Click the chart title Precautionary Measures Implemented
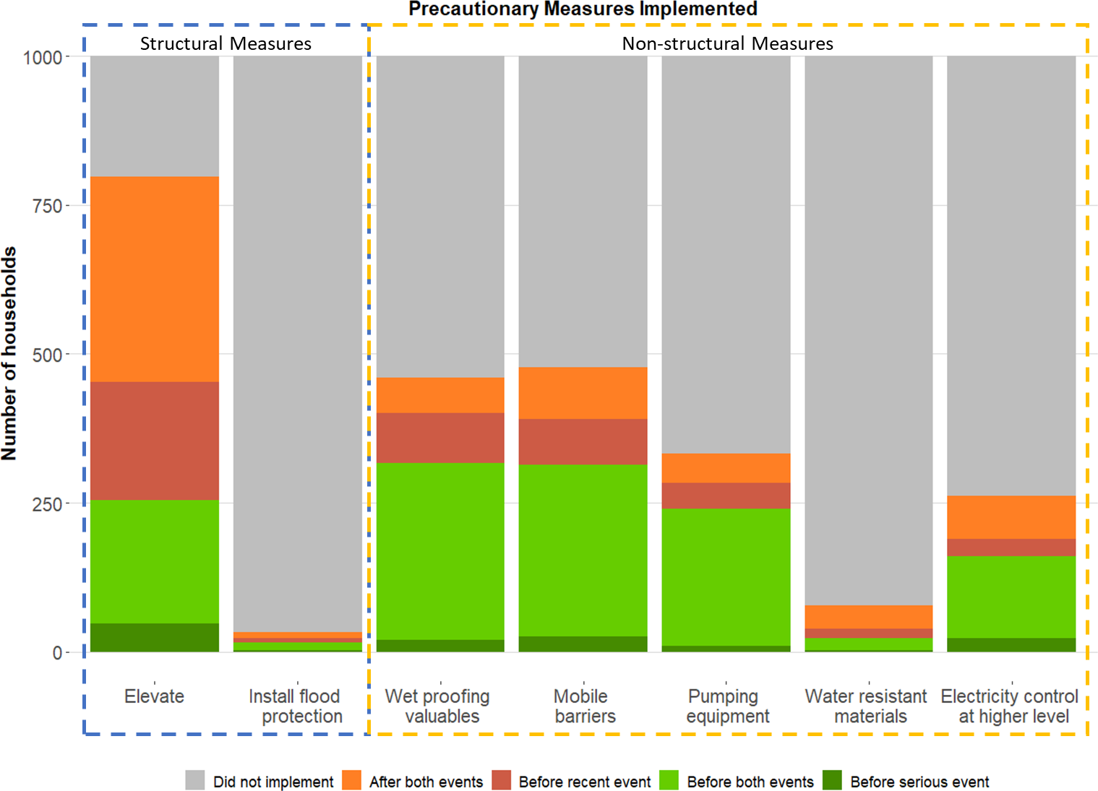[x=583, y=9]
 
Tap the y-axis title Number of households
[x=9, y=353]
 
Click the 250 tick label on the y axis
[x=47, y=504]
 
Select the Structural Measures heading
[x=226, y=43]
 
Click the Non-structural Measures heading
[x=727, y=43]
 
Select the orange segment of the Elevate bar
[x=155, y=279]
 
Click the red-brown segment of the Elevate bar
[x=155, y=441]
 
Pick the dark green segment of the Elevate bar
[x=155, y=637]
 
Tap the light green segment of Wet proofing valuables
[x=440, y=550]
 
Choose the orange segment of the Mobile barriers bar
[x=583, y=393]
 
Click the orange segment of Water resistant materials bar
[x=868, y=617]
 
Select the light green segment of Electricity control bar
[x=1011, y=597]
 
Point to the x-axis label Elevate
[x=154, y=696]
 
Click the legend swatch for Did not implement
[x=195, y=780]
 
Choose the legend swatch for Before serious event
[x=832, y=780]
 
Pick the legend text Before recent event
[x=584, y=782]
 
